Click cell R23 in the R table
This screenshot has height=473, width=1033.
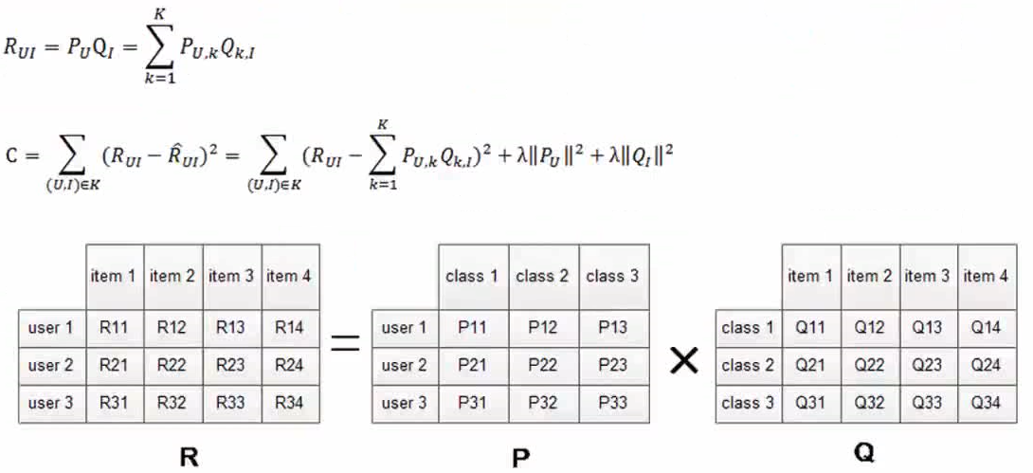point(230,365)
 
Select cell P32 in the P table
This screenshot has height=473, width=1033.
point(542,402)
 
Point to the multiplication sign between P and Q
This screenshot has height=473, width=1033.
point(682,360)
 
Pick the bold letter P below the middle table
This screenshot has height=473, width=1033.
point(519,457)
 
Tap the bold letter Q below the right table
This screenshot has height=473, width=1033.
point(863,453)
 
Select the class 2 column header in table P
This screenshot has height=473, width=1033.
point(542,277)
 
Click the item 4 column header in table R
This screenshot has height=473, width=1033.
point(289,277)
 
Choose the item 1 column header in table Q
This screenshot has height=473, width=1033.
point(810,276)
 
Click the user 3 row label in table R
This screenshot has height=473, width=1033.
point(51,402)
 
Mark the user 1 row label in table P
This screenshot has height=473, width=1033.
point(404,329)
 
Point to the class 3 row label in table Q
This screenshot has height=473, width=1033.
point(747,402)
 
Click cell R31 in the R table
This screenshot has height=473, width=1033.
point(114,402)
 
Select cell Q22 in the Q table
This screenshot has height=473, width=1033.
point(869,365)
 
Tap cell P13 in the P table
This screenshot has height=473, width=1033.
point(612,329)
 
